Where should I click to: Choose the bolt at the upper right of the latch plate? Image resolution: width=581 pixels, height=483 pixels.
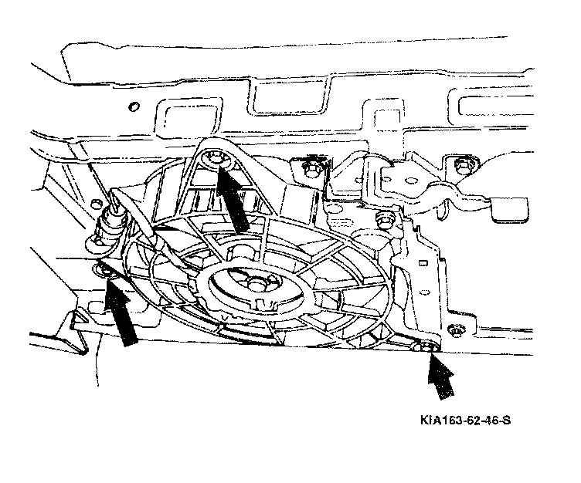point(463,164)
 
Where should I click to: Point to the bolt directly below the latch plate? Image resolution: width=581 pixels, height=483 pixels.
point(380,221)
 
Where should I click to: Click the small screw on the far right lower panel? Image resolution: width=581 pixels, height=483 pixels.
point(459,331)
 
